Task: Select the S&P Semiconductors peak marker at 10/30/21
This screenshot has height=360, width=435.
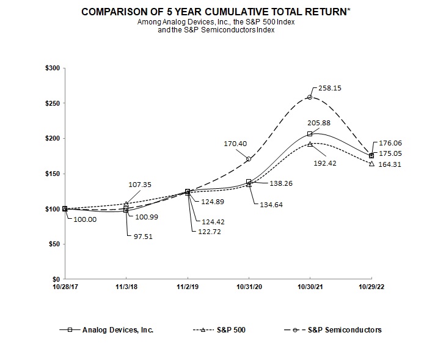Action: tap(310, 97)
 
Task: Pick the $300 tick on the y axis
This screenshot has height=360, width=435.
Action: tap(52, 68)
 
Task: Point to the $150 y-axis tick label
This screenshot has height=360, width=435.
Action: tap(52, 174)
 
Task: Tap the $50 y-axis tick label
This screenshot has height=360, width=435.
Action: tap(53, 244)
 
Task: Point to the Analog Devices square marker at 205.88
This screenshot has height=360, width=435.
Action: tap(310, 134)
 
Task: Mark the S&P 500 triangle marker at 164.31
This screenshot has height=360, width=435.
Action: tap(371, 163)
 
